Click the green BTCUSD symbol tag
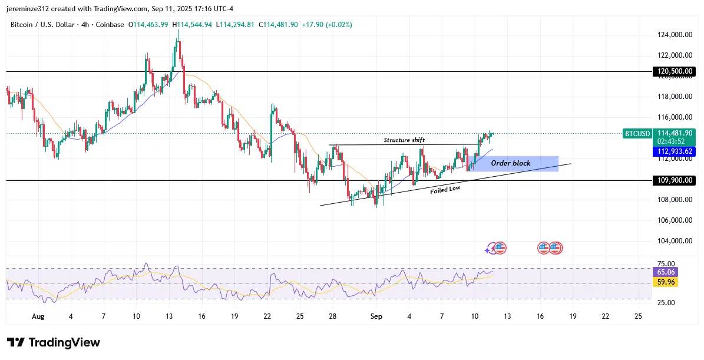[637, 134]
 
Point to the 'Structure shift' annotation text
[404, 140]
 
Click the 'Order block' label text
[510, 163]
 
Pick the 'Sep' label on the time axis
[376, 316]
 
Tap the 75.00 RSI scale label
[666, 264]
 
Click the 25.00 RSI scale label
[666, 303]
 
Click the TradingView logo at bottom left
[54, 342]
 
